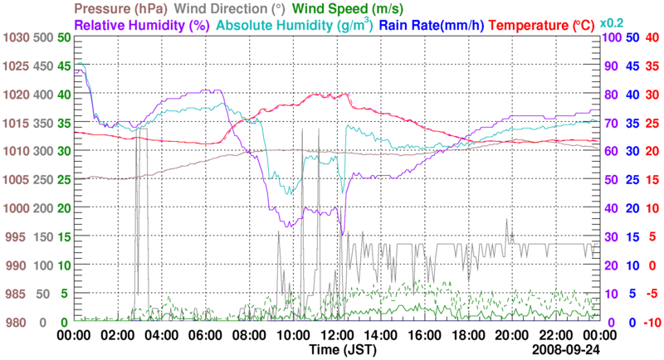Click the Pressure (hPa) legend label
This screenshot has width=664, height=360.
click(x=120, y=9)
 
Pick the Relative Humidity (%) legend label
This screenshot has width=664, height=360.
click(x=142, y=25)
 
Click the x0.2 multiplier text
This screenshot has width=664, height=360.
click(x=612, y=22)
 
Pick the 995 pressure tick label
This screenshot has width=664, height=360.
click(x=17, y=237)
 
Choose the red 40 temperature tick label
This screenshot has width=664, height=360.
click(x=652, y=38)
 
